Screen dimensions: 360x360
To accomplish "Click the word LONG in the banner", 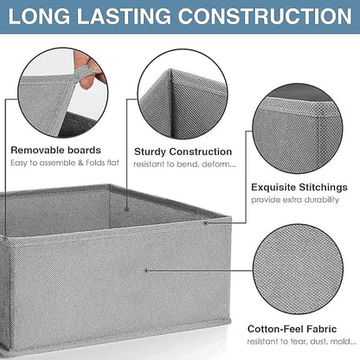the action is tap(39, 16).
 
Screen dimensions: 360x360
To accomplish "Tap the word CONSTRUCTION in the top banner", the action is tap(264, 16).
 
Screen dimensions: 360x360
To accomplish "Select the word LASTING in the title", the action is tap(124, 16).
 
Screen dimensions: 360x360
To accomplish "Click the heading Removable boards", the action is tap(55, 150).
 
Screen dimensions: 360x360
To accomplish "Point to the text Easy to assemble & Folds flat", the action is tap(65, 163).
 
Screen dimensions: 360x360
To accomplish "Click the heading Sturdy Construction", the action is tap(183, 151).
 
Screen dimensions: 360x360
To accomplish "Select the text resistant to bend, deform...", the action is tap(184, 164).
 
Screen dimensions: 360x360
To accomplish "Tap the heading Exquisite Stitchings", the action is tap(299, 188).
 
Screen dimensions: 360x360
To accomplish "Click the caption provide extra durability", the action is tap(295, 200).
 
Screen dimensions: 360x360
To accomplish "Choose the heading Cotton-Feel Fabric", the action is tap(292, 329).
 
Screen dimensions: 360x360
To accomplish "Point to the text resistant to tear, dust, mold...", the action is tap(301, 342).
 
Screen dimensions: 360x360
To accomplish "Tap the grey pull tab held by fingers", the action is tap(82, 73).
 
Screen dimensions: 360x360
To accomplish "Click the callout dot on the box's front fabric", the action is tap(146, 271).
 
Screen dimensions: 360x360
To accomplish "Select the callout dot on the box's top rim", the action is tap(205, 222).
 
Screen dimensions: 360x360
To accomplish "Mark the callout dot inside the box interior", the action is tap(126, 209).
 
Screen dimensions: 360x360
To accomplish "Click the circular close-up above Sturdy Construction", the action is tap(183, 93).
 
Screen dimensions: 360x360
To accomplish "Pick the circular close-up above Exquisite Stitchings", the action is tap(298, 128).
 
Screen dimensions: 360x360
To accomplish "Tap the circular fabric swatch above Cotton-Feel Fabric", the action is tap(298, 269).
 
